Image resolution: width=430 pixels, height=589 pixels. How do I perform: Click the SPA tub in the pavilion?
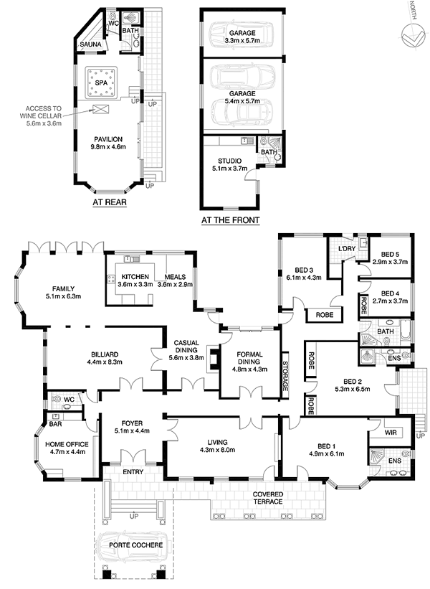click(101, 83)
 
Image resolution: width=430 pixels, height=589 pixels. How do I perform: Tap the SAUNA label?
click(90, 44)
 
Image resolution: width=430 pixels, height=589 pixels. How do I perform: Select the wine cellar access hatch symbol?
click(101, 109)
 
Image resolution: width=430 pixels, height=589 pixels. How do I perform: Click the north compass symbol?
click(413, 36)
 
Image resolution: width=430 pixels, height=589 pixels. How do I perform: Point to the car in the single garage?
click(242, 34)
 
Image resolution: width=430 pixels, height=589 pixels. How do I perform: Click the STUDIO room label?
click(229, 161)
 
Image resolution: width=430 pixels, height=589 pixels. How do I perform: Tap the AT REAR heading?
click(110, 202)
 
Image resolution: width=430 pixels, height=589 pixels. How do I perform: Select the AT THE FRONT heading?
click(230, 220)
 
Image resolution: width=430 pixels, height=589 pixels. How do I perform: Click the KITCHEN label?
click(135, 277)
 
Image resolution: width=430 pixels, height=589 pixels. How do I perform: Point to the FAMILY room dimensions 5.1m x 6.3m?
click(63, 296)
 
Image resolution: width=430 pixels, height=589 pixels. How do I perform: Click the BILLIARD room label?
click(105, 354)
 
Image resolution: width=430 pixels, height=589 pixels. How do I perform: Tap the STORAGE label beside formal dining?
click(285, 376)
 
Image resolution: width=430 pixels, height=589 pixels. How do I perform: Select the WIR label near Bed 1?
click(391, 433)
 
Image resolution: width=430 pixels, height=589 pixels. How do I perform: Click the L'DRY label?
click(347, 249)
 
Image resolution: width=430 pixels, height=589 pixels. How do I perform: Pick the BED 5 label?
click(390, 254)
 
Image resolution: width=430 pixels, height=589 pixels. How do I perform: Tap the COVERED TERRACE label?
click(268, 498)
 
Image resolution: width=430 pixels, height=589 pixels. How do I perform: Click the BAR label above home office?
click(55, 424)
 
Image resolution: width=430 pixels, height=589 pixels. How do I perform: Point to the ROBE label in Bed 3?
click(325, 315)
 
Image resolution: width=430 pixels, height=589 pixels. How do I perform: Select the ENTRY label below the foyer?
click(133, 472)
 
